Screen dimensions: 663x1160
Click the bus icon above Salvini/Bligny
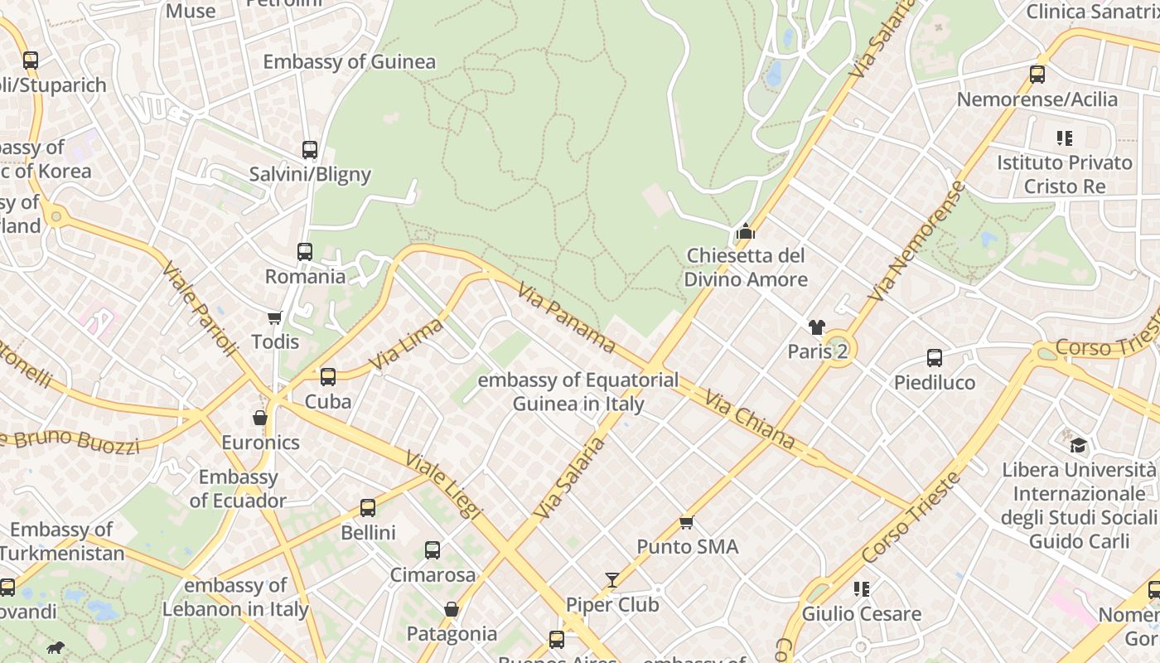[310, 150]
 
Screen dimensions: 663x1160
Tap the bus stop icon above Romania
[305, 252]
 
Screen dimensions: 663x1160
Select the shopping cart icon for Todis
[275, 317]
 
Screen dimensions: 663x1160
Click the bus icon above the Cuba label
[328, 377]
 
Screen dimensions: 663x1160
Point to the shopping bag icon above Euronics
[260, 418]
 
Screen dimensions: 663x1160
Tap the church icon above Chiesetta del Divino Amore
[746, 231]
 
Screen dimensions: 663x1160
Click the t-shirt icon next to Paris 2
[817, 328]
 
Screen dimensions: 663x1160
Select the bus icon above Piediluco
[935, 358]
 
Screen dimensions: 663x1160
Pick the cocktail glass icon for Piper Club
[612, 580]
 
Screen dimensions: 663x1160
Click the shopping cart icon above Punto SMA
[686, 522]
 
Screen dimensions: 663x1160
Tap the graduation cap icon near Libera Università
[1078, 445]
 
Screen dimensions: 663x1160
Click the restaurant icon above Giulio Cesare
[862, 589]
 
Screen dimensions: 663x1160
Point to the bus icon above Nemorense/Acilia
[1037, 75]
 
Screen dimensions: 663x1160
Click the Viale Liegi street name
[442, 485]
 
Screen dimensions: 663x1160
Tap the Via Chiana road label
[749, 421]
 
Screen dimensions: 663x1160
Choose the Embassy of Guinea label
[349, 62]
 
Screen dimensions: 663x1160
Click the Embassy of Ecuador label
[238, 488]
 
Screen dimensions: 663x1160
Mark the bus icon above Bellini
[368, 508]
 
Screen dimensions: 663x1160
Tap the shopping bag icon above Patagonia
[452, 610]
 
